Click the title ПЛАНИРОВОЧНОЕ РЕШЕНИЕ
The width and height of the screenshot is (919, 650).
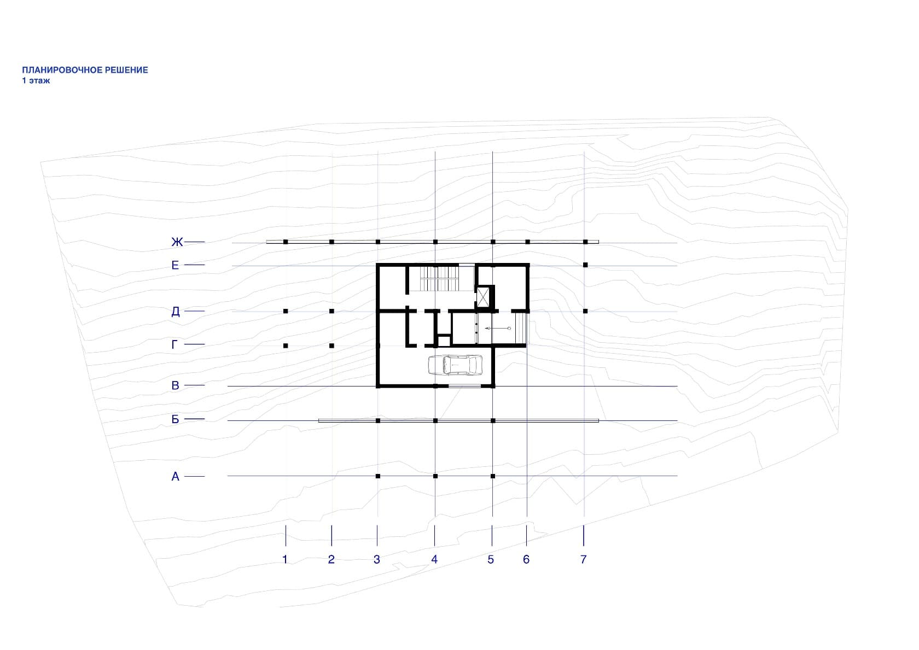[x=85, y=70]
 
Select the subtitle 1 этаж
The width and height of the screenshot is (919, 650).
[x=36, y=80]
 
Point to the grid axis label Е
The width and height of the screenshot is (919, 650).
[x=175, y=265]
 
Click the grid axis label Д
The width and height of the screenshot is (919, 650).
[x=175, y=312]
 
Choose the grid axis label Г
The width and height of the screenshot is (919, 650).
[x=175, y=344]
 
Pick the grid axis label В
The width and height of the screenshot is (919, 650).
[x=175, y=385]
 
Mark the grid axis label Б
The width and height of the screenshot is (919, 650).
[x=175, y=419]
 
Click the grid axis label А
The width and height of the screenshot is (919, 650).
[x=175, y=477]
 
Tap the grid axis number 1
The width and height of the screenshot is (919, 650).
[x=285, y=559]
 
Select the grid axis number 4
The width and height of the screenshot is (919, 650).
[x=434, y=559]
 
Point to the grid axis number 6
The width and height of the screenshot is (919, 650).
[x=526, y=559]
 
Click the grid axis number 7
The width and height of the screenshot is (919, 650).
[x=584, y=559]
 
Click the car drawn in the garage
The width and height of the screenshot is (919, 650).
[x=455, y=365]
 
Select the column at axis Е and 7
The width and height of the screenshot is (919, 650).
[x=585, y=265]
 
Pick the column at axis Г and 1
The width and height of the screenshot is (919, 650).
[x=286, y=346]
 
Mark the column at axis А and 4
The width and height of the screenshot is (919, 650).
[x=435, y=476]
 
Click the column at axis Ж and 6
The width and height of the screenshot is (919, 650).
[x=528, y=242]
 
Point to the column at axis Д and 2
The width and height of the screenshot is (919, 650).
[x=332, y=312]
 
